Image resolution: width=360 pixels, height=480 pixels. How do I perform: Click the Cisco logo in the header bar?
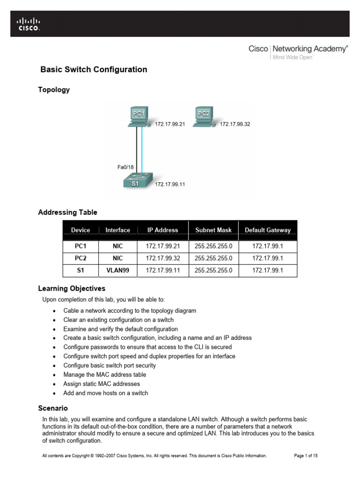29,24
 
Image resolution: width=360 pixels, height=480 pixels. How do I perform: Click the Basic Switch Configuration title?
94,70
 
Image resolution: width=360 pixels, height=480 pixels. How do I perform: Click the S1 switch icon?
135,180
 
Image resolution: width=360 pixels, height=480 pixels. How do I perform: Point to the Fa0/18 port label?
125,167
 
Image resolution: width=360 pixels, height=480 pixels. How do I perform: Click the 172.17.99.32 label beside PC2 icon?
235,124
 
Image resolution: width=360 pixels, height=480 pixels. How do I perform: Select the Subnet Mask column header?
213,230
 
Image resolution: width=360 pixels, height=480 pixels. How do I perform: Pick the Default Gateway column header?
268,230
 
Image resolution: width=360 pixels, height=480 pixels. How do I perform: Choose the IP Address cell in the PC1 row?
163,246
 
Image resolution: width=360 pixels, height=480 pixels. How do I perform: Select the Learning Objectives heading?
72,288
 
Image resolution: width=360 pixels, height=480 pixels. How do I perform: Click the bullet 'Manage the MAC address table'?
105,375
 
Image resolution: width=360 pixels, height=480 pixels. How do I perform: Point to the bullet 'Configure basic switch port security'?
110,365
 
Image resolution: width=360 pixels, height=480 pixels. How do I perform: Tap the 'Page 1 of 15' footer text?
306,455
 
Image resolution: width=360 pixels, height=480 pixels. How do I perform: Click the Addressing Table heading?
67,212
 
